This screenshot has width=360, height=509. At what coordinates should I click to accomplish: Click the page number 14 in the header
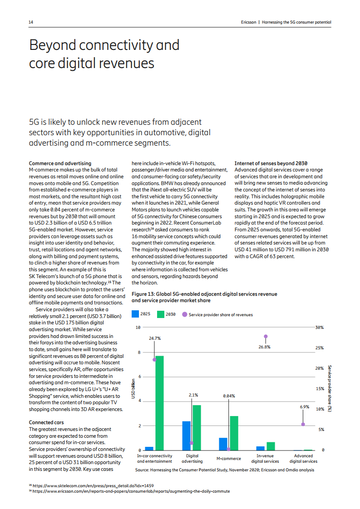pos(31,22)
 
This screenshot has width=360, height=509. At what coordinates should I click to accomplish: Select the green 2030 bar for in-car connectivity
pos(160,403)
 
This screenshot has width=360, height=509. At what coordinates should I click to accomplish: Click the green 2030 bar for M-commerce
pos(234,433)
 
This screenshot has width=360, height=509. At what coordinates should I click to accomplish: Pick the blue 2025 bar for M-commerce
pos(223,444)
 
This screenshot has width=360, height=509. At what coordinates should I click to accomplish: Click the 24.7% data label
pos(155,338)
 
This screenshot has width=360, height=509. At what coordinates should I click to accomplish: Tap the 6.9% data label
pos(304,407)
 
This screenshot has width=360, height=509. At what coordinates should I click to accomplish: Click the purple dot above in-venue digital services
pos(266,337)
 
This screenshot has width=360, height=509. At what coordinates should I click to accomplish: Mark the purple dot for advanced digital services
pos(303,424)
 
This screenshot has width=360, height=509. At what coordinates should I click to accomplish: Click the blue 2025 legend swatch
pos(135,314)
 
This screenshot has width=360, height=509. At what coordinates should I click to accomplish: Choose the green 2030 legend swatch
pos(161,314)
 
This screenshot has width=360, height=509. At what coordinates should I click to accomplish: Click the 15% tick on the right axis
pos(319,389)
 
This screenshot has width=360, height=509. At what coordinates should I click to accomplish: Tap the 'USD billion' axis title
pos(133,388)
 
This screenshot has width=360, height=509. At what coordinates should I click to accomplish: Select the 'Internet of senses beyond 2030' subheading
pos(271,163)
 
